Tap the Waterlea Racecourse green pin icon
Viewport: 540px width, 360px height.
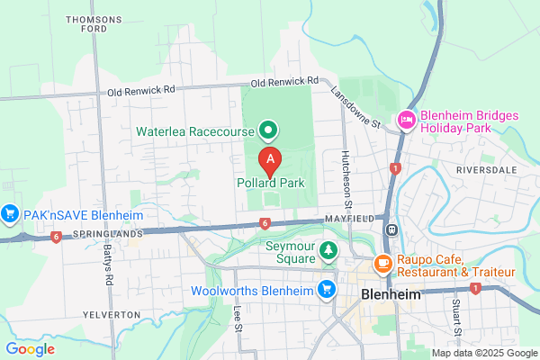coord(268,131)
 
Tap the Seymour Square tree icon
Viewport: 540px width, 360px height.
coord(329,248)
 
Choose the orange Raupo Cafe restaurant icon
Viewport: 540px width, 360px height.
coord(382,264)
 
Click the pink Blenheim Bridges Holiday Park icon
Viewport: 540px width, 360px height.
coord(407,119)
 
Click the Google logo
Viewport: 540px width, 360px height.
coord(31,349)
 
